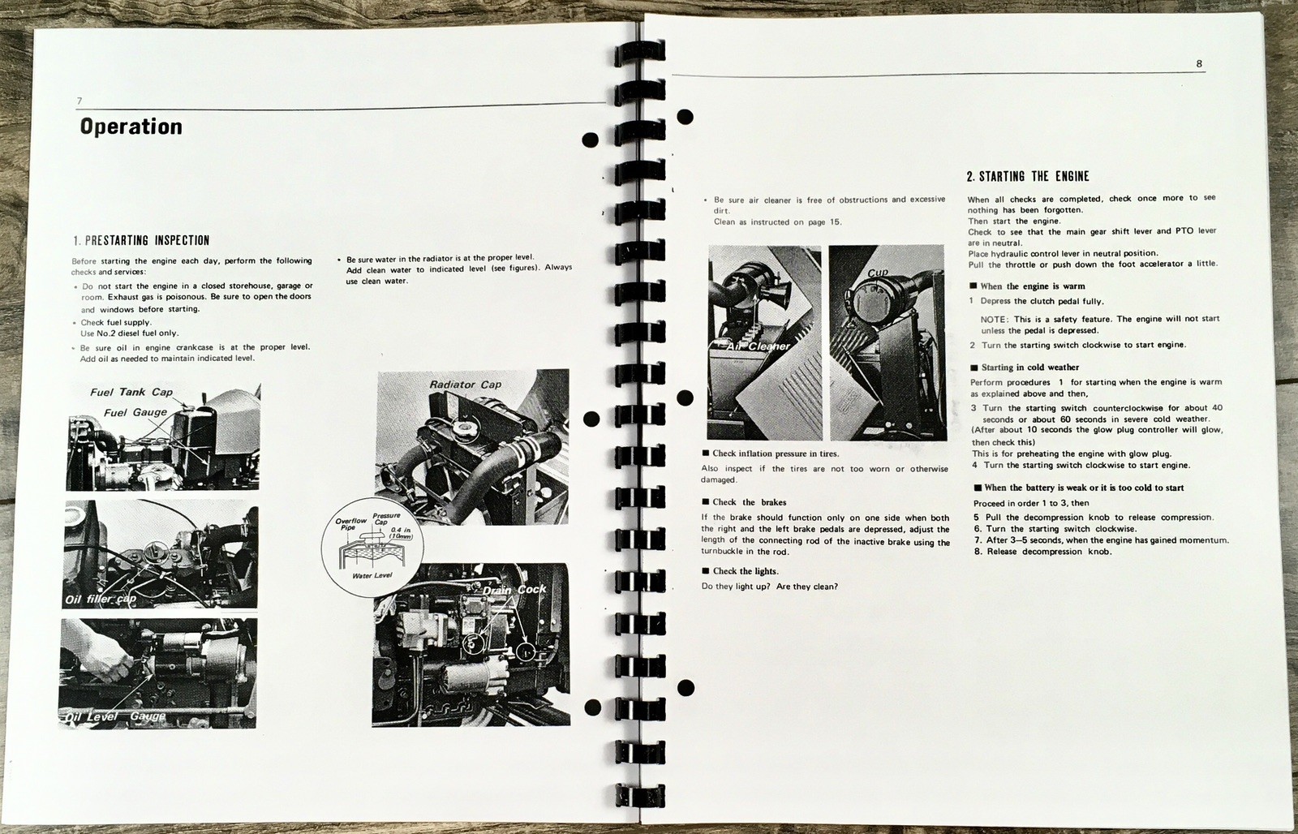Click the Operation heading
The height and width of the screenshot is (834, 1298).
(131, 127)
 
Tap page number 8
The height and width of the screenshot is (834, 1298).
(1199, 64)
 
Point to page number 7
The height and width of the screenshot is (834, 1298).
(80, 101)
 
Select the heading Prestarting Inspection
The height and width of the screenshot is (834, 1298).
(141, 240)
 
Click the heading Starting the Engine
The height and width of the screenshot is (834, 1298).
(1028, 176)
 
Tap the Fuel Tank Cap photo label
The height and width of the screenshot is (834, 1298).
(131, 393)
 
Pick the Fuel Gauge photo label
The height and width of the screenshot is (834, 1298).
(135, 413)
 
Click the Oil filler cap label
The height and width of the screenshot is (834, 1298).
(101, 600)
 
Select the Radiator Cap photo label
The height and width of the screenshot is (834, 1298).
(466, 385)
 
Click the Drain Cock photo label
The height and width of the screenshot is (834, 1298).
(514, 590)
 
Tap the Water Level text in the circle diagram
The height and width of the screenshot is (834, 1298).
(372, 575)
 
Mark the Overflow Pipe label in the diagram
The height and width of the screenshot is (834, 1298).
(350, 524)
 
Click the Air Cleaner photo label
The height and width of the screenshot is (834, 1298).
(759, 346)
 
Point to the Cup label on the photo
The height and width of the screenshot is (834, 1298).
(878, 273)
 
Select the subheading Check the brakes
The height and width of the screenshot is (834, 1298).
(744, 502)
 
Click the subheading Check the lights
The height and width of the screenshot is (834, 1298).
(740, 571)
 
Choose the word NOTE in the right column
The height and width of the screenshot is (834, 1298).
(993, 320)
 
